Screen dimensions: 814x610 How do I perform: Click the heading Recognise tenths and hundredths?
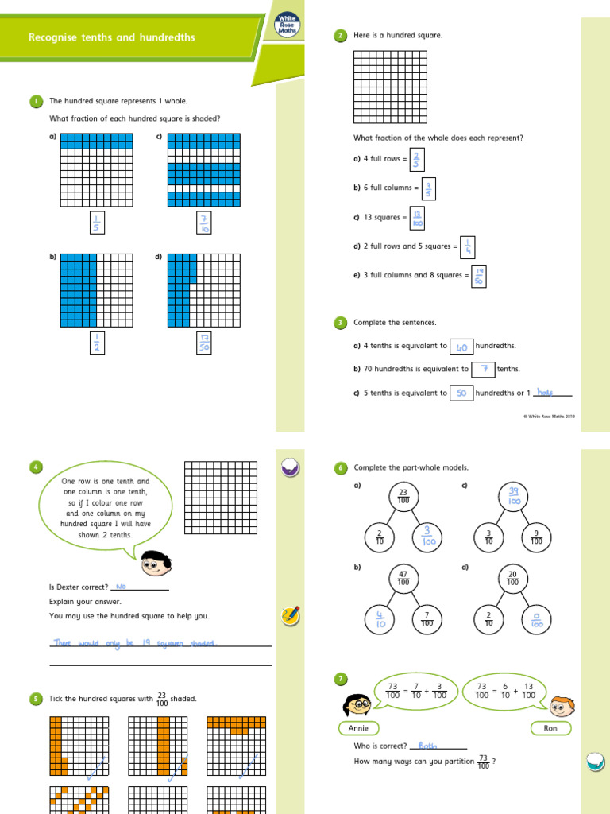[x=112, y=37]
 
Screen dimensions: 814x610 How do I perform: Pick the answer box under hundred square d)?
[x=203, y=343]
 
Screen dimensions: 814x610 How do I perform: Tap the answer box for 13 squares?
[x=417, y=218]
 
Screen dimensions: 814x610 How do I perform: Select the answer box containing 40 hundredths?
[x=461, y=347]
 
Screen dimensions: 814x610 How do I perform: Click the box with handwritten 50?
[x=461, y=393]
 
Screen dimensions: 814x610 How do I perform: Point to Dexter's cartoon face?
[x=156, y=564]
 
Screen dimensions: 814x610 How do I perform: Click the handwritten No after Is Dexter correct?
[x=122, y=587]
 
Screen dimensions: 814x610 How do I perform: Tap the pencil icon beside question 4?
[x=290, y=614]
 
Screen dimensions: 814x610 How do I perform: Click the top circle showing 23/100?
[x=403, y=496]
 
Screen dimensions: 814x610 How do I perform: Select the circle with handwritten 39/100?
[x=513, y=496]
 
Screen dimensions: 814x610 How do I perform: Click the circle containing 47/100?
[x=403, y=577]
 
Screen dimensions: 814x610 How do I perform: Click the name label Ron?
[x=550, y=728]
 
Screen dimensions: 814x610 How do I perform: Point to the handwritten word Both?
[x=428, y=746]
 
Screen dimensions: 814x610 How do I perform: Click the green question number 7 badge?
[x=341, y=679]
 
